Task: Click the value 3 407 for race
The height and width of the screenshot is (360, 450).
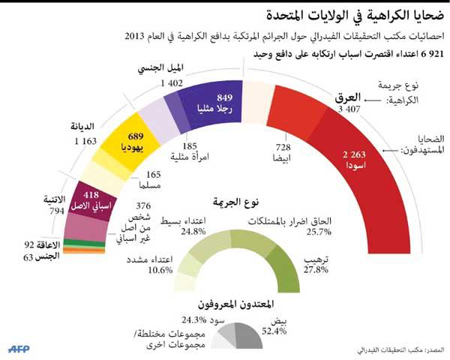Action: [x=352, y=110]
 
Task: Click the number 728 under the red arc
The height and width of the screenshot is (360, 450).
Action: [x=283, y=148]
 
